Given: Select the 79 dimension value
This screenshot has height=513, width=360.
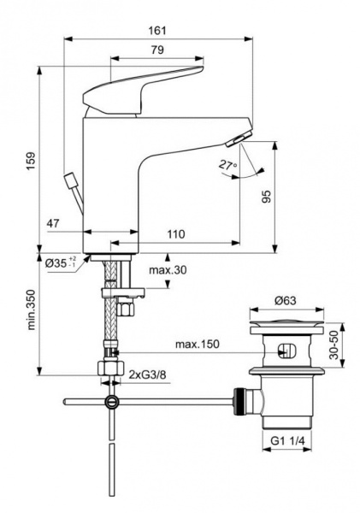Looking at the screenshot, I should [157, 50].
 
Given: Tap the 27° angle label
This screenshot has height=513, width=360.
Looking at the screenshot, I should [227, 165].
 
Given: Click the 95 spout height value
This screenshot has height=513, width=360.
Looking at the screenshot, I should [289, 197].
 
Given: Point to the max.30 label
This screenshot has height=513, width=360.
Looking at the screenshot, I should [167, 271].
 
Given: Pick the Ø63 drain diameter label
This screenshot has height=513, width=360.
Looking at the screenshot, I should [286, 302].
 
